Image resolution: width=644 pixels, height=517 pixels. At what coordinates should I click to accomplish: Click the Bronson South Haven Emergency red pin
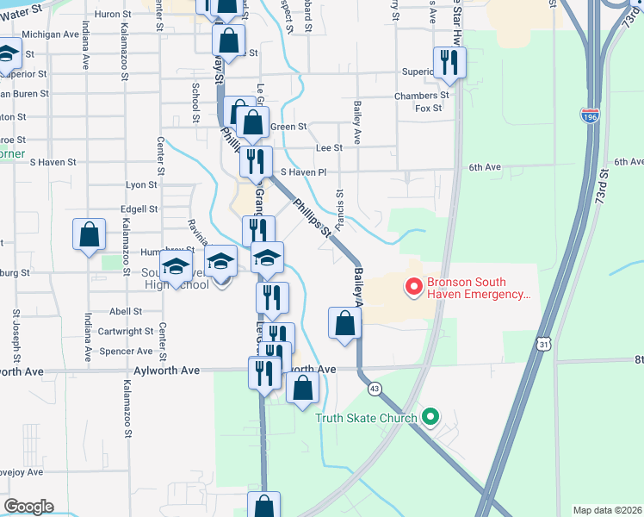coord(413,287)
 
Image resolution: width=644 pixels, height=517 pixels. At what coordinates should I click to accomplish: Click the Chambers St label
coord(421,96)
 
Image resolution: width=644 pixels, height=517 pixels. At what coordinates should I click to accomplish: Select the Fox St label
coord(428,109)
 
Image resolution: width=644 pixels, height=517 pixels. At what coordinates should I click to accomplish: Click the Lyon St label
coord(141,184)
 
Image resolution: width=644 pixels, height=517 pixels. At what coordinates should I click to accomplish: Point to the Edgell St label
coord(139,209)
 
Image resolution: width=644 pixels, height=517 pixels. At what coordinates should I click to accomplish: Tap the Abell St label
coord(126,312)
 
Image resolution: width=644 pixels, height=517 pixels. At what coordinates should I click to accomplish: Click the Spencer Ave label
coord(127,352)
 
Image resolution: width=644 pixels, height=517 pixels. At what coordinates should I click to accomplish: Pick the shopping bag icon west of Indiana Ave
coord(90,235)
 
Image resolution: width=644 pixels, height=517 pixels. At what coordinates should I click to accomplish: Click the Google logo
coord(28,507)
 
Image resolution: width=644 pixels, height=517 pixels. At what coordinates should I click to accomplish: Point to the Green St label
coord(288,127)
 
